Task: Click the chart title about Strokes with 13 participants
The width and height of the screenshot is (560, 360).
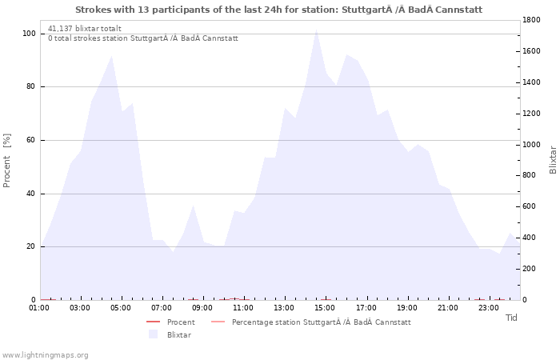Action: tap(278, 10)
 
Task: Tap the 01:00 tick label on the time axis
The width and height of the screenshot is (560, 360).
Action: tap(39, 308)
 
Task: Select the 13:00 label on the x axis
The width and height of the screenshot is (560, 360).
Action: tap(284, 308)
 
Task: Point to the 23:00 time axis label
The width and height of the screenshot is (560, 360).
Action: tap(488, 308)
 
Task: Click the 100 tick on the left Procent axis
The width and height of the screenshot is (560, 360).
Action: tap(29, 34)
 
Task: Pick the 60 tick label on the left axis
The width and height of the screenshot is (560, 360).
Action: tap(30, 140)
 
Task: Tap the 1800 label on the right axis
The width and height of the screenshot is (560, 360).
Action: tap(531, 20)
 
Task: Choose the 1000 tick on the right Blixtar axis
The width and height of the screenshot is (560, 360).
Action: tap(531, 145)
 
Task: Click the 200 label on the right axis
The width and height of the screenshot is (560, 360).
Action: tap(529, 269)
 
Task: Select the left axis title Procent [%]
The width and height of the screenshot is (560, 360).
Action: tap(6, 160)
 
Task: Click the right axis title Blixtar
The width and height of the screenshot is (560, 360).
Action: tap(553, 160)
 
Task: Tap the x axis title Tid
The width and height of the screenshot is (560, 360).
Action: tap(511, 318)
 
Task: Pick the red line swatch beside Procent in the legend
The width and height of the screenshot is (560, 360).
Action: tap(154, 322)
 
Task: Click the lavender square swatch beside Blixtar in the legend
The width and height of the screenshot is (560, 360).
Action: tap(154, 334)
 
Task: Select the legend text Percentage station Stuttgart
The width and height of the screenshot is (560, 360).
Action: tap(322, 322)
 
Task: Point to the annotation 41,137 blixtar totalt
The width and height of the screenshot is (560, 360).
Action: tap(85, 29)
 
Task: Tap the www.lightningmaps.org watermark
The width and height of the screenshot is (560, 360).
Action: tap(44, 355)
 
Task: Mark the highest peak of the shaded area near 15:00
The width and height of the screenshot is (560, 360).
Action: tap(316, 30)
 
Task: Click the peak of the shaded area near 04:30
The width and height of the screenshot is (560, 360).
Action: tap(112, 55)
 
